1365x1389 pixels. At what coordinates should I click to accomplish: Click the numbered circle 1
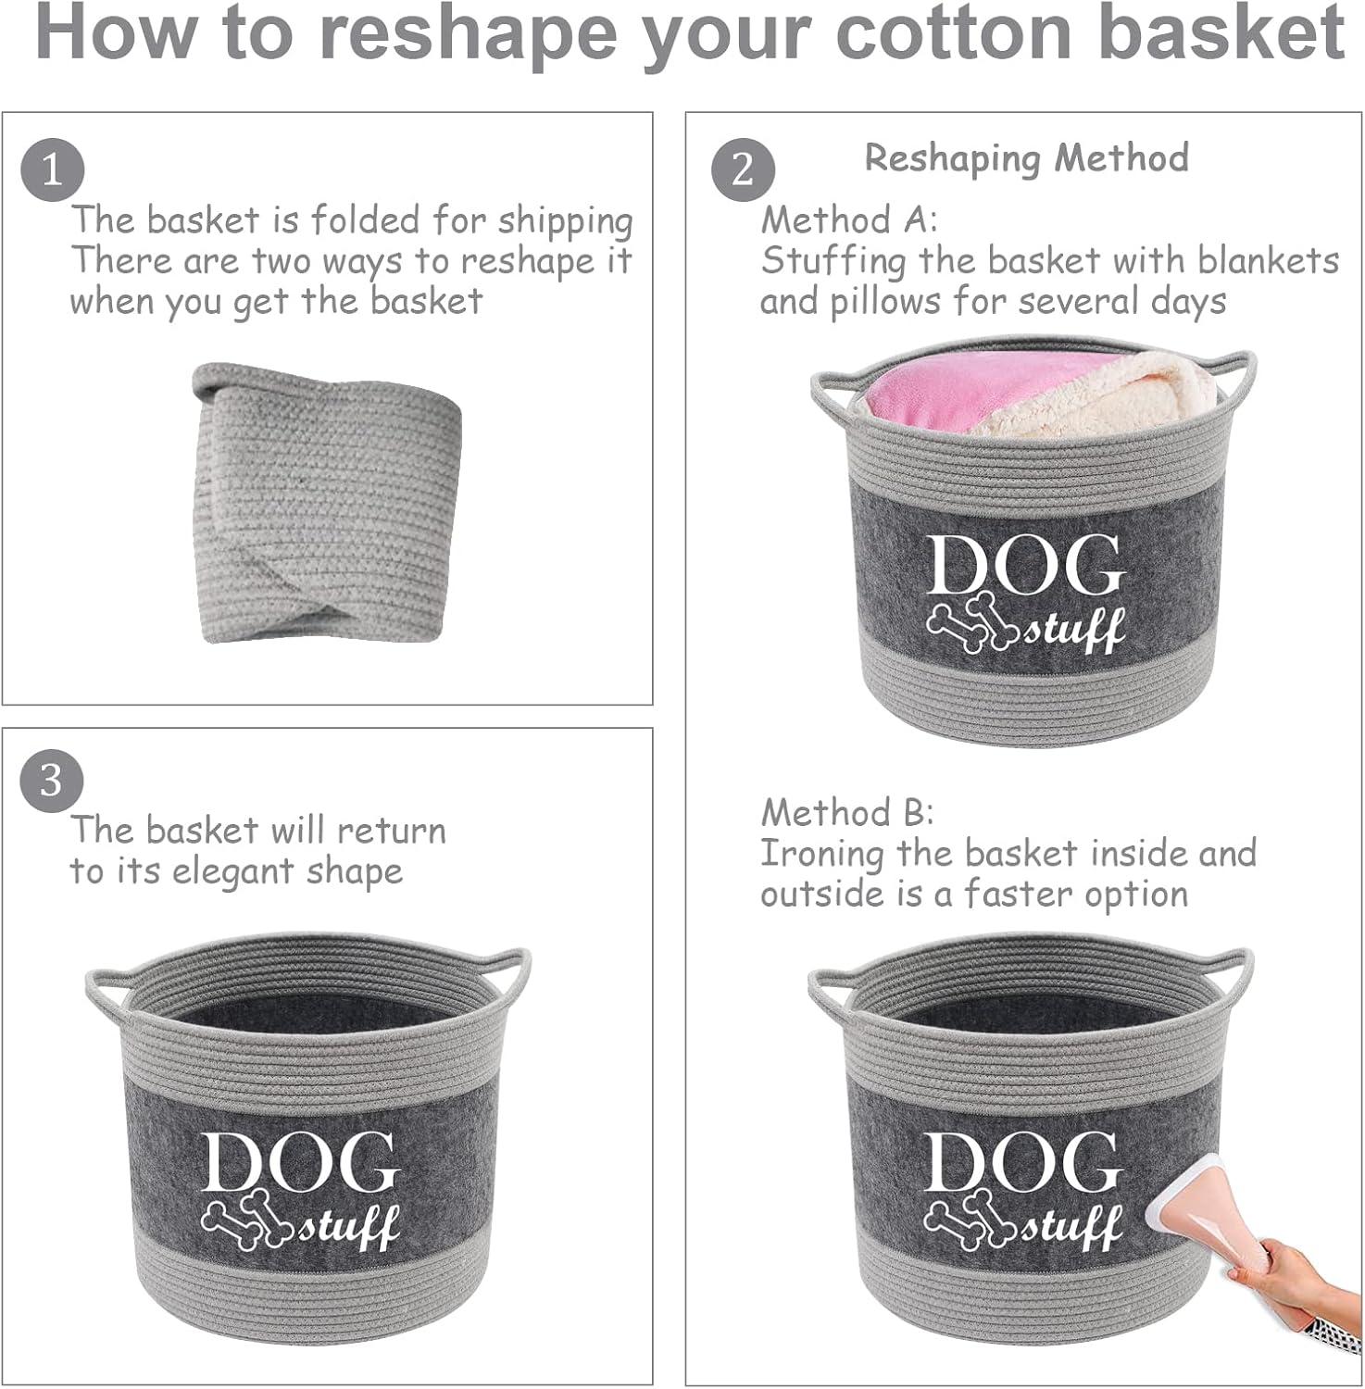[52, 170]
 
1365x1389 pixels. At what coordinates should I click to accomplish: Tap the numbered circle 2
[743, 170]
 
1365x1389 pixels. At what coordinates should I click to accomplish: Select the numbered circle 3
[52, 781]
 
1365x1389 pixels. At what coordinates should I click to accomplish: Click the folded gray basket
[328, 503]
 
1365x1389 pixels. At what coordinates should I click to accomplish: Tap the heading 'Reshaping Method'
[1026, 158]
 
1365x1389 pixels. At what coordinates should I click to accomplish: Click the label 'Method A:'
[849, 220]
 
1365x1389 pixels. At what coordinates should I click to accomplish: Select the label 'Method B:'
[847, 813]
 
